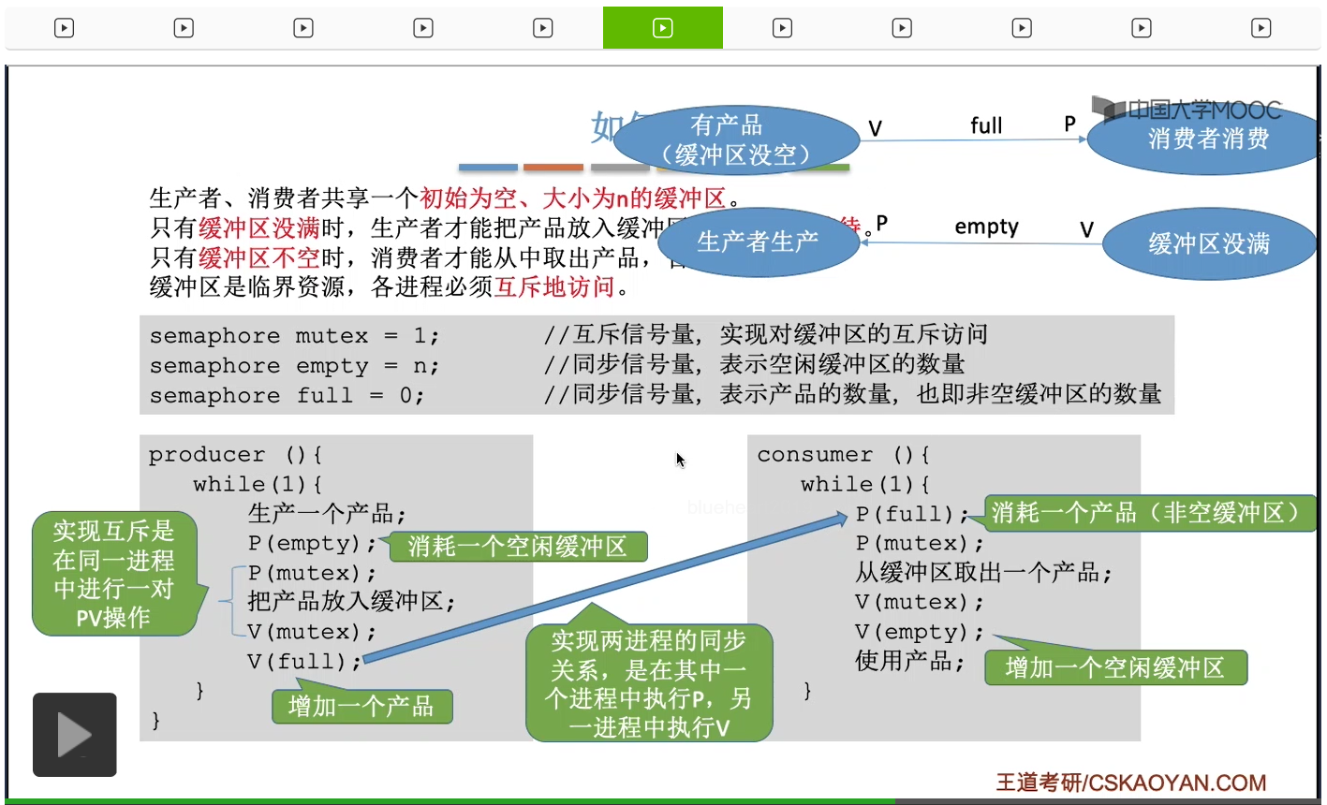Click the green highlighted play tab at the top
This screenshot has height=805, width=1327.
(662, 28)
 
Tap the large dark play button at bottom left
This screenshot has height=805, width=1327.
(75, 735)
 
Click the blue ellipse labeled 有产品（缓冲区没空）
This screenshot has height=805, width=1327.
(736, 140)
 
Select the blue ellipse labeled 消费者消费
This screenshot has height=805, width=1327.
(1208, 139)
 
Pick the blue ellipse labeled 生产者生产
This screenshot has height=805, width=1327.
(758, 242)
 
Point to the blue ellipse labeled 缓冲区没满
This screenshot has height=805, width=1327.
(1208, 244)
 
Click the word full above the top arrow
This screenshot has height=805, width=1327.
(986, 125)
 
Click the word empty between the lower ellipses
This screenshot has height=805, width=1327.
(986, 227)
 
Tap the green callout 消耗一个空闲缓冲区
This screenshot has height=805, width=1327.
(517, 547)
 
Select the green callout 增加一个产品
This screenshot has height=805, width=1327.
(361, 706)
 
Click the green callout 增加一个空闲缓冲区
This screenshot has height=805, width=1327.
(1114, 667)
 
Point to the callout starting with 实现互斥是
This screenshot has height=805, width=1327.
(114, 574)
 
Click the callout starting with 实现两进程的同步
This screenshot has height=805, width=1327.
(649, 683)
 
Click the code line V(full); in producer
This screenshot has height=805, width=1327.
(304, 662)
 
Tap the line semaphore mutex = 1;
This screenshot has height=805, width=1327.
(294, 336)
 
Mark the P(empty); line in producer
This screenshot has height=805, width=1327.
(312, 544)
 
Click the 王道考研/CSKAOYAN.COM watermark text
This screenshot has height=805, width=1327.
(1130, 783)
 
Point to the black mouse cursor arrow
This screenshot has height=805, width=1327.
(680, 460)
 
